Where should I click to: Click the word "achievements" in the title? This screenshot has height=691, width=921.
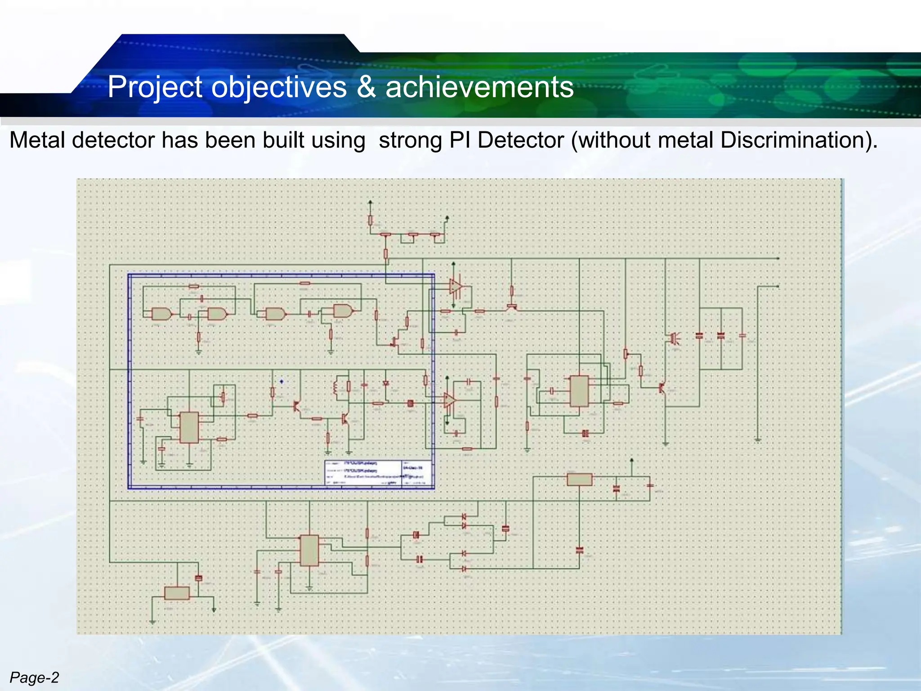pyautogui.click(x=479, y=87)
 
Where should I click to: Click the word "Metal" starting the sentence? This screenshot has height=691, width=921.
pyautogui.click(x=37, y=140)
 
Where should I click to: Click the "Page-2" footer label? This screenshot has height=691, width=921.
pyautogui.click(x=34, y=678)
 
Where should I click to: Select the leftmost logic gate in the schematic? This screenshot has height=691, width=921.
pyautogui.click(x=161, y=314)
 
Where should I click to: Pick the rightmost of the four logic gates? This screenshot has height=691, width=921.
pyautogui.click(x=343, y=310)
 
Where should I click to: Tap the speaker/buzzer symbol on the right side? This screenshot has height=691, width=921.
pyautogui.click(x=674, y=338)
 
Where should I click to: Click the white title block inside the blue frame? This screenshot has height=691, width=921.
pyautogui.click(x=379, y=473)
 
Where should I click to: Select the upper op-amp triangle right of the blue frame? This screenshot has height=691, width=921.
pyautogui.click(x=455, y=287)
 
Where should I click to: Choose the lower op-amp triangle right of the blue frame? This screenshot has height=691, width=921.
pyautogui.click(x=449, y=400)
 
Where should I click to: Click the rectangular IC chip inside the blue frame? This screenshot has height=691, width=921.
pyautogui.click(x=189, y=427)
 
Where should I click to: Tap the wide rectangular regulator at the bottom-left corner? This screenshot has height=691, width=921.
pyautogui.click(x=177, y=593)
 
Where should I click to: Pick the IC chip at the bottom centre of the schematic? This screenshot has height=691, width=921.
pyautogui.click(x=309, y=550)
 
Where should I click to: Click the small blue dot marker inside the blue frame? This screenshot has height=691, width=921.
pyautogui.click(x=282, y=381)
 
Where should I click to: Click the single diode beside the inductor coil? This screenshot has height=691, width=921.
pyautogui.click(x=385, y=383)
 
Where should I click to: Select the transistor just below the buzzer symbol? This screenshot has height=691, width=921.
pyautogui.click(x=662, y=387)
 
